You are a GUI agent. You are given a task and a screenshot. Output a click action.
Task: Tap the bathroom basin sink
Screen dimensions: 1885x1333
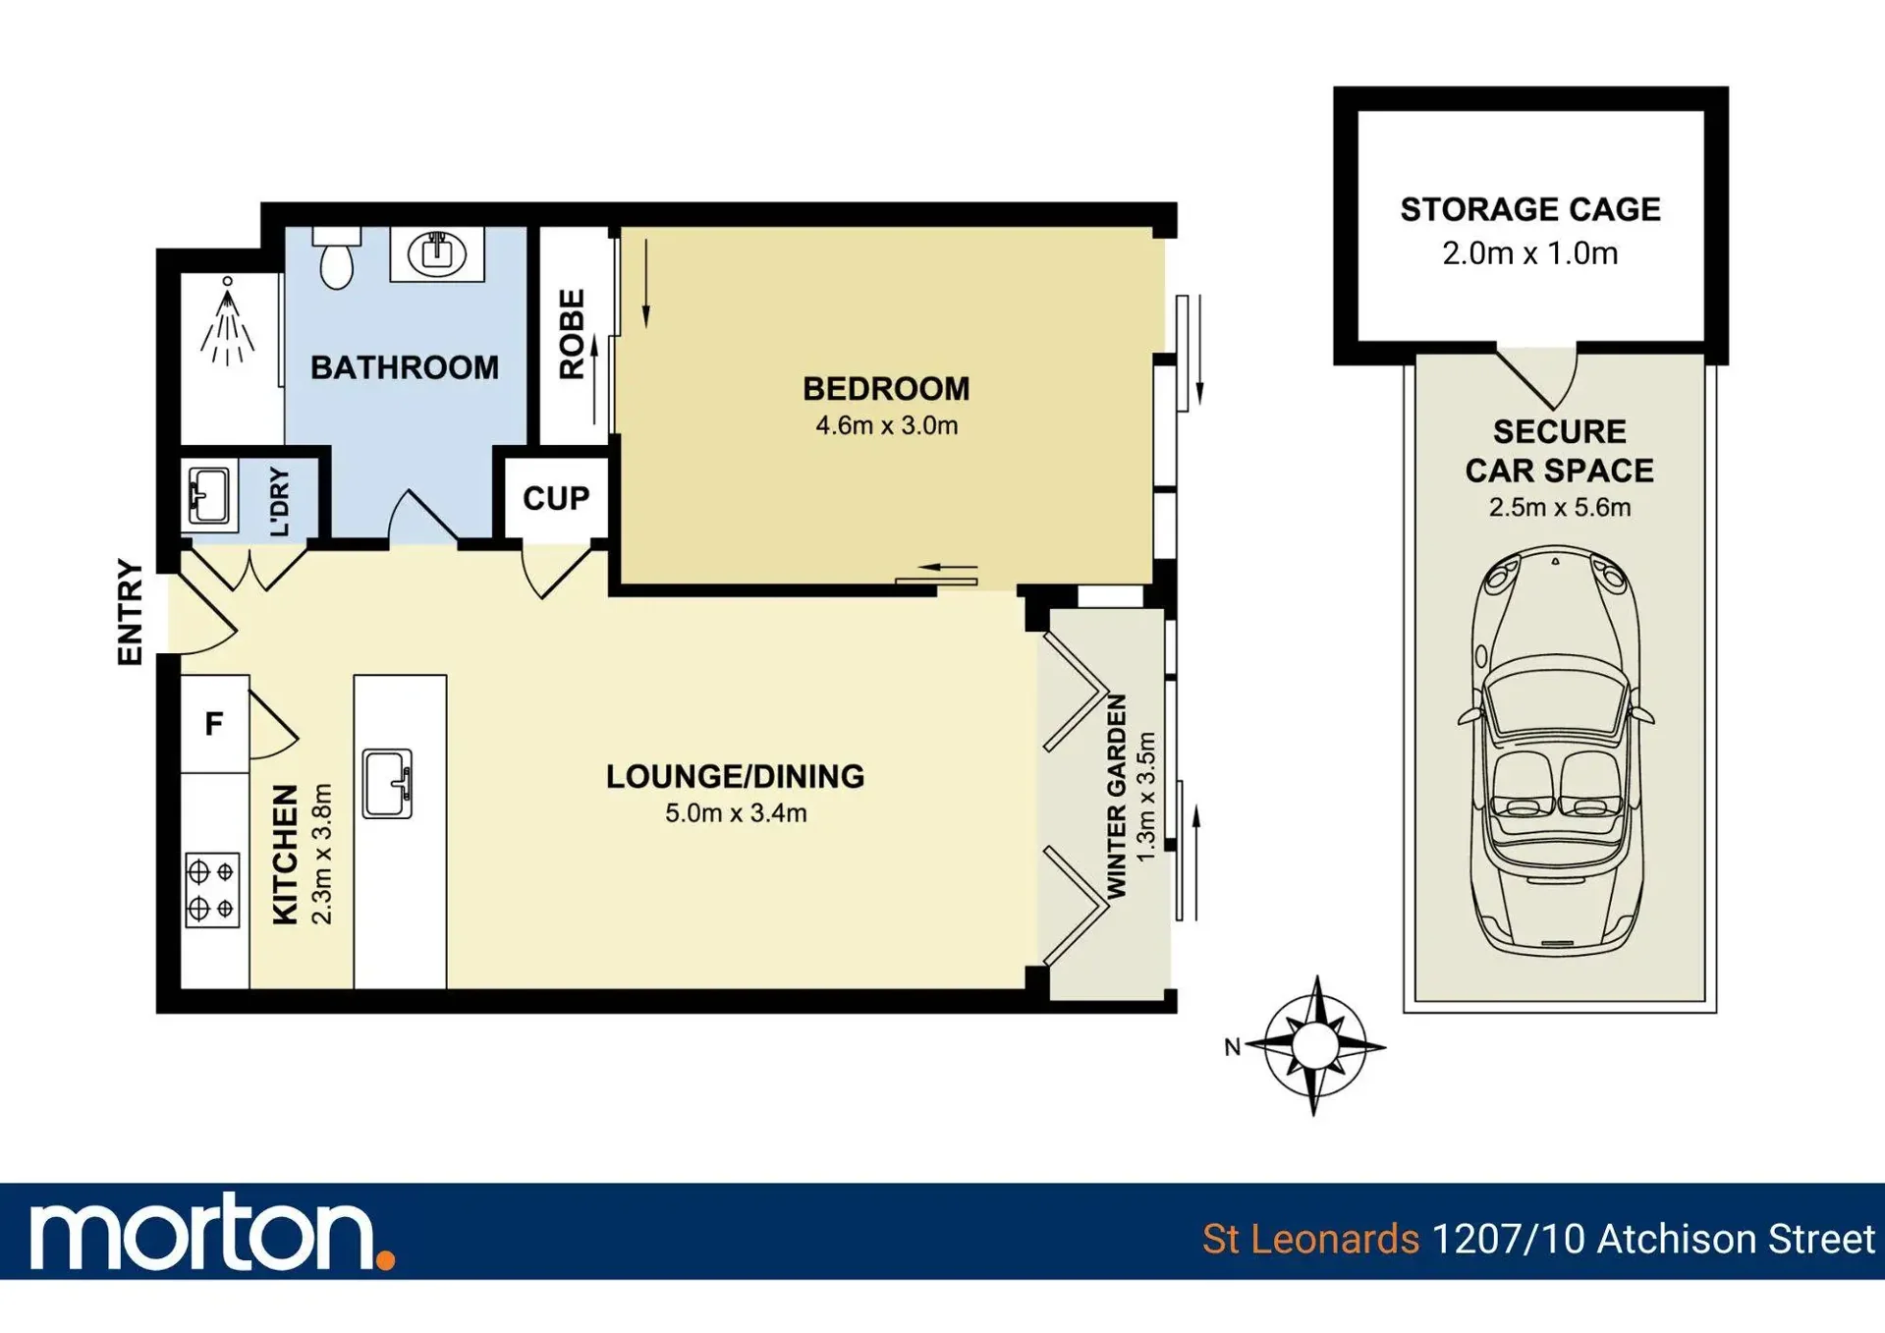pos(437,253)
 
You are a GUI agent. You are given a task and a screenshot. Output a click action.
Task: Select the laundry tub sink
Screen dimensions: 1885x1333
pos(209,495)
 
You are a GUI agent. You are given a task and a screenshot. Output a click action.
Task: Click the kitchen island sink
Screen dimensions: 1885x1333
pos(388,783)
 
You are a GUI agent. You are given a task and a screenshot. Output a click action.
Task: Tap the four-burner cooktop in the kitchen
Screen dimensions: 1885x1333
pos(212,890)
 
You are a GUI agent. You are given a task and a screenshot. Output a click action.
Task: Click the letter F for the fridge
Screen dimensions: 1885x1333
pos(213,724)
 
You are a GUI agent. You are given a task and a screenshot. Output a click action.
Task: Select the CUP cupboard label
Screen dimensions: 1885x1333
pos(556,498)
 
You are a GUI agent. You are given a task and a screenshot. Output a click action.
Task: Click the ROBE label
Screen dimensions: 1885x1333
pos(572,334)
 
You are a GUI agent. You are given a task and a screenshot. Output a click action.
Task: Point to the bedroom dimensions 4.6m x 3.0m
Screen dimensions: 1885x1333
pos(886,425)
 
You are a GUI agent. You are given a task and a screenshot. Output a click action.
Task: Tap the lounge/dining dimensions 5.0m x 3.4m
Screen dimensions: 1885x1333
pos(736,813)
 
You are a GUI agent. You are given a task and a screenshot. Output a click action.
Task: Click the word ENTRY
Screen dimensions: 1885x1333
pos(131,612)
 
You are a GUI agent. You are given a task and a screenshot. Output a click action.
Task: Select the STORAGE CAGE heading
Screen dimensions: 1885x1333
pos(1529,209)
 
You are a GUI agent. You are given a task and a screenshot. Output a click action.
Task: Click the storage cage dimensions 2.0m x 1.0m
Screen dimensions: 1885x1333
pos(1529,253)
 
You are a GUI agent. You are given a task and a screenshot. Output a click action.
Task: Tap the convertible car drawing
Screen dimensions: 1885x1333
pos(1557,752)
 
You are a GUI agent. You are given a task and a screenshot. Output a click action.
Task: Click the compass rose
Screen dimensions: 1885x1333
pos(1315,1045)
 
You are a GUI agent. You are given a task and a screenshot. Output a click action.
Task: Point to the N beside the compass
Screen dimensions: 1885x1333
pos(1232,1047)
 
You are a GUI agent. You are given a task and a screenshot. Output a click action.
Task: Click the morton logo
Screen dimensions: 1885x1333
pos(212,1232)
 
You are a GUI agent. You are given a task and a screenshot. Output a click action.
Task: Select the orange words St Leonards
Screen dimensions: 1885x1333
pos(1310,1239)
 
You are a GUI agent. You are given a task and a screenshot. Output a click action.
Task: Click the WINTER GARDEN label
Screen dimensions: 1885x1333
pos(1117,796)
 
